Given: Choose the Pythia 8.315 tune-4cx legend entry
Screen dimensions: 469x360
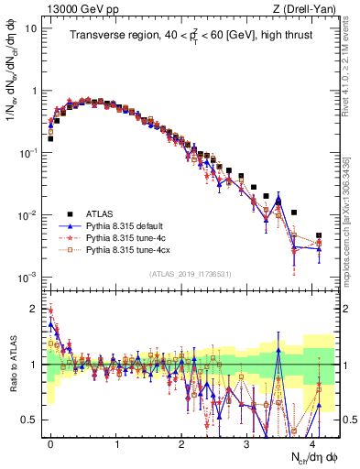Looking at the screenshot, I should point(132,248).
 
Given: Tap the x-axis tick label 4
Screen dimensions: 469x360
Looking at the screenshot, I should point(312,442).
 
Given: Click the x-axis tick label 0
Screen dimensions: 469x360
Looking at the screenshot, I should point(50,442).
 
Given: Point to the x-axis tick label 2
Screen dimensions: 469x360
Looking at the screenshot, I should point(181,442).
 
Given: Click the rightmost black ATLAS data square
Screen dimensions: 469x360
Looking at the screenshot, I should point(319,236).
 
